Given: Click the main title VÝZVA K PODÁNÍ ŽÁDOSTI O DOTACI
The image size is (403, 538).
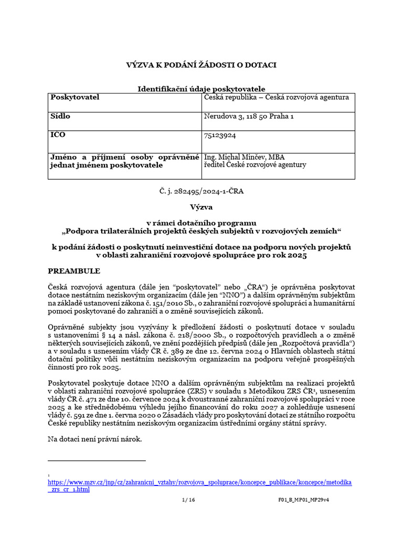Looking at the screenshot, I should pos(201,65).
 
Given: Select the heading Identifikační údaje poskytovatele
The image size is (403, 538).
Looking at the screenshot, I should pos(201,89).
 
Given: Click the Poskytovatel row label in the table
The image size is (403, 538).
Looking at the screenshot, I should pos(75,97).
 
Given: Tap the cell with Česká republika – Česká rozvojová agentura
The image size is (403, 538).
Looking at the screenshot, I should pos(275,97).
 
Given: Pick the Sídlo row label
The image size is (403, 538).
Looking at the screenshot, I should pos(60,116).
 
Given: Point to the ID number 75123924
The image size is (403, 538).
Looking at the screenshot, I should pos(219,135).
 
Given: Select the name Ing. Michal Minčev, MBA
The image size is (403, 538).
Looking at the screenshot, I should pos(244,157).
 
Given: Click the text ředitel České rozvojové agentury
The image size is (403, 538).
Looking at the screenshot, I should pos(254,164).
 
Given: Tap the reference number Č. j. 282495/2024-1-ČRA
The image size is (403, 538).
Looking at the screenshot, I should pos(201,191).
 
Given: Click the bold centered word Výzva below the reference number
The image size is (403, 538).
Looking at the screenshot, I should pos(201,208).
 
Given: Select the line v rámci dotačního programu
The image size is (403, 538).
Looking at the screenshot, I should pos(201,223).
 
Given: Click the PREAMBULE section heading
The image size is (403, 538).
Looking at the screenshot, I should pos(73,271).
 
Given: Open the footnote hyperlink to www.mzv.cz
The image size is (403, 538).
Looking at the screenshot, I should pos(199,482).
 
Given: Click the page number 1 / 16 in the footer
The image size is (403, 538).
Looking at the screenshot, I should pos(188,500).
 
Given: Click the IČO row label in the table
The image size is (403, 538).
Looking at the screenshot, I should pos(58,135).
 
